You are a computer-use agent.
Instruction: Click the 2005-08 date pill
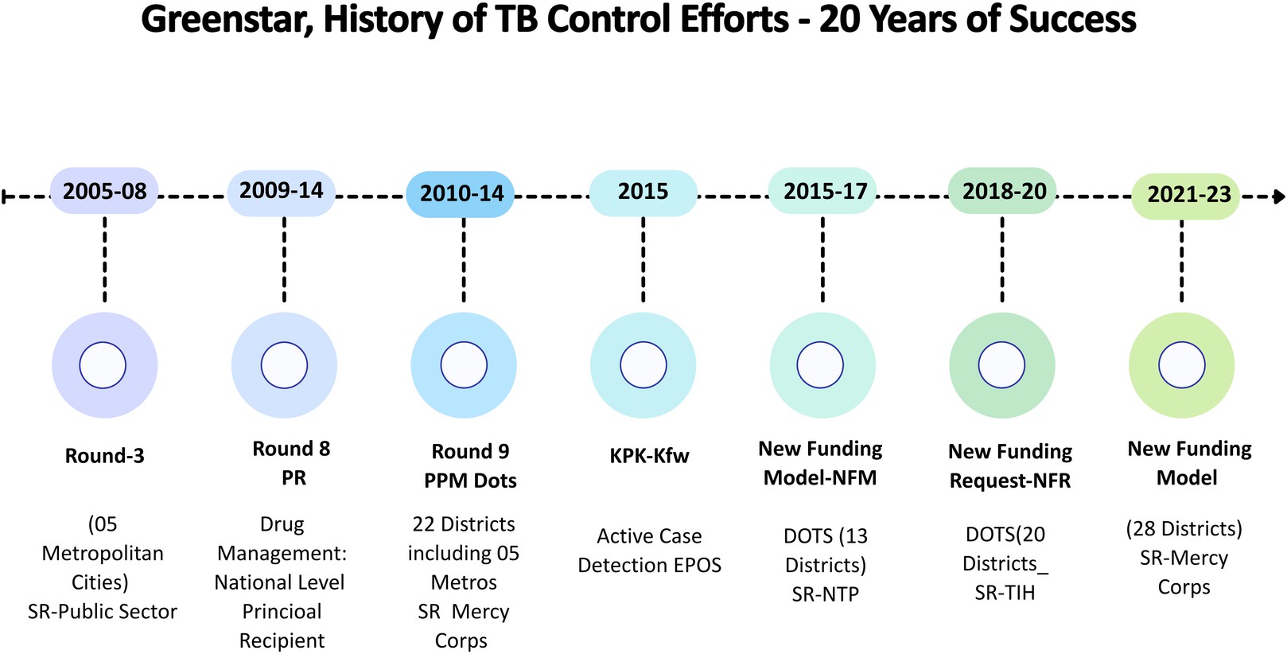(104, 191)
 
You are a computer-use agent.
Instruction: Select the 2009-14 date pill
(281, 191)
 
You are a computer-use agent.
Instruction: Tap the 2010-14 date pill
(461, 193)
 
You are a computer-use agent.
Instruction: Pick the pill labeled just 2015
(643, 192)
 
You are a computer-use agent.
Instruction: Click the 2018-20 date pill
(1003, 191)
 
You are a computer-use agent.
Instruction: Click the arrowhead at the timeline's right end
(1278, 196)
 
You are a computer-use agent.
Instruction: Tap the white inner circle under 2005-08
(103, 365)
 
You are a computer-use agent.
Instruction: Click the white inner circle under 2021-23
(1181, 365)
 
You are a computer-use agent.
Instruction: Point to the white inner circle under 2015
(643, 365)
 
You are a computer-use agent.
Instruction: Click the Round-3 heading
(104, 456)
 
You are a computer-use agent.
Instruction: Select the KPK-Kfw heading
(649, 456)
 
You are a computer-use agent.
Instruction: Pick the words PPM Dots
(470, 481)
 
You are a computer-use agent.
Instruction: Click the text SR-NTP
(825, 594)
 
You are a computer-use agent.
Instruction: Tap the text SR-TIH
(1005, 593)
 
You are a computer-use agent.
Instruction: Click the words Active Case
(649, 536)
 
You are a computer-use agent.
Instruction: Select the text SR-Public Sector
(103, 611)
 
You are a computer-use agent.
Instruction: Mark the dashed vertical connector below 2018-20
(1002, 259)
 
